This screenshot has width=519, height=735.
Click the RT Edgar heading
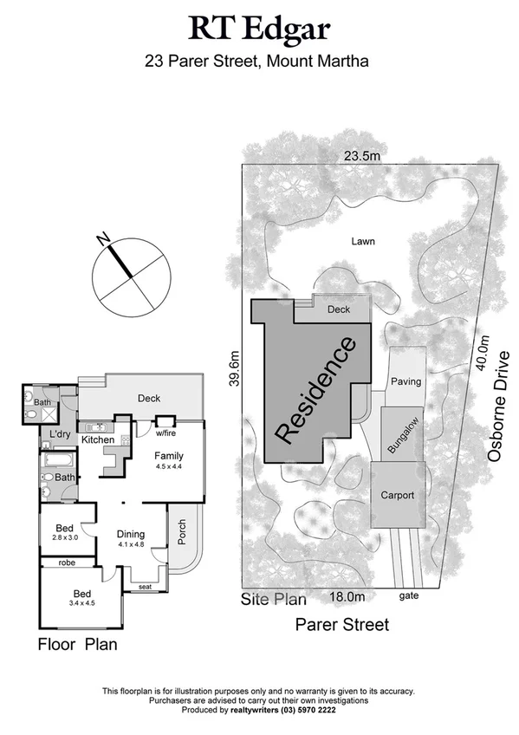coord(260,29)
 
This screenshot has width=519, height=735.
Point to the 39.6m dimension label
coord(235,371)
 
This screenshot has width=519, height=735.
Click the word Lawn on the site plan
coord(365,242)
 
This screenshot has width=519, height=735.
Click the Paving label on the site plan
coord(405,381)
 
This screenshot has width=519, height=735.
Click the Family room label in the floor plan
coord(169,455)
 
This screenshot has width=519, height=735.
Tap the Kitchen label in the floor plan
coord(98,440)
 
